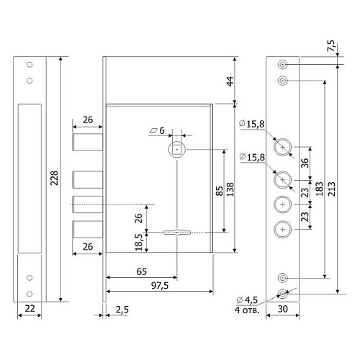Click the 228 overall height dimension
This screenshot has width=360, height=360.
click(55, 178)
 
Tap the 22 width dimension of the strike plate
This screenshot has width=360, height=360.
click(30, 308)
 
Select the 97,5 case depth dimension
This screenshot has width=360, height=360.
click(160, 286)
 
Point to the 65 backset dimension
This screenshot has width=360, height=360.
click(142, 271)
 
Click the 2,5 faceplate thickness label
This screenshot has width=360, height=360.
click(122, 310)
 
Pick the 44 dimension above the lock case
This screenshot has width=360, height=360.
click(230, 81)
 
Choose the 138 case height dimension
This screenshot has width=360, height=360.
click(230, 189)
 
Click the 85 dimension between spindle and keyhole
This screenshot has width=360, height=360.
click(220, 191)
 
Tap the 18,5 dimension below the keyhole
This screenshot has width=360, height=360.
click(139, 242)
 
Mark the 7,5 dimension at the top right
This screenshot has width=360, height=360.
click(331, 45)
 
